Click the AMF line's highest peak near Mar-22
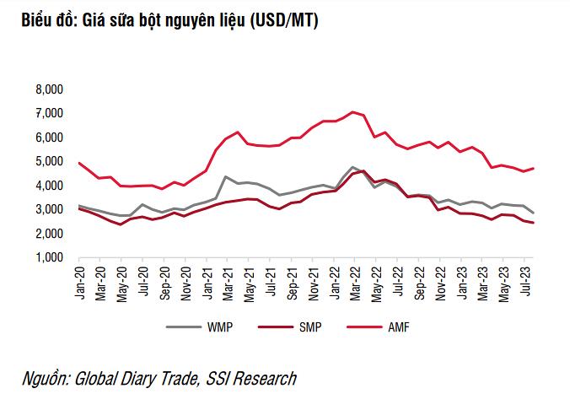(x=352, y=111)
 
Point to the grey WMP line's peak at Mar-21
(x=226, y=176)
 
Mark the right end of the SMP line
(x=534, y=223)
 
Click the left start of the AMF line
(x=78, y=163)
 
